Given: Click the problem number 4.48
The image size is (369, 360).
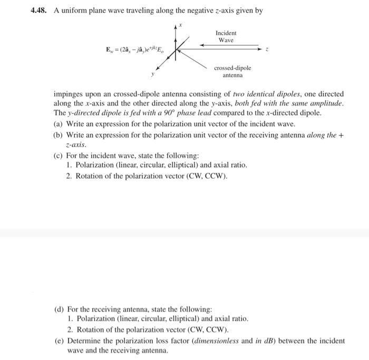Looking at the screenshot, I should coord(40,10).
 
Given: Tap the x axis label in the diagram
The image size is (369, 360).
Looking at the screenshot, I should coord(180,24).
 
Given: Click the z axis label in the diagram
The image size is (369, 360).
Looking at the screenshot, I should coord(267,50).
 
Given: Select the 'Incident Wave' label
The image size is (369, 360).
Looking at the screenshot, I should coord(227,36).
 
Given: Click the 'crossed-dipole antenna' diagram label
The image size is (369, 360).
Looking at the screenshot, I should coord(232,72).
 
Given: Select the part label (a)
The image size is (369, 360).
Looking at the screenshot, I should coord(59,124).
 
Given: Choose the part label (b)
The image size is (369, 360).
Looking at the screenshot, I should coord(59,135).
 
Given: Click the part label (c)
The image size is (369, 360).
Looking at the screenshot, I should coord(59,156).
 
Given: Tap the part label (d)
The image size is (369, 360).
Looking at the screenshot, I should coord(60,309).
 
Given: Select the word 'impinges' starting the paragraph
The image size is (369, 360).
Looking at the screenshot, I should coord(67,93).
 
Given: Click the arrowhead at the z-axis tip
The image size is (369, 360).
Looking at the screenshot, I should coord(258,50).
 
